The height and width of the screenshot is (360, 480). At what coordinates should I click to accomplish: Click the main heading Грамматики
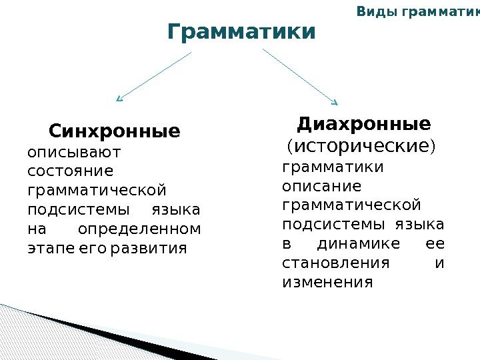241,31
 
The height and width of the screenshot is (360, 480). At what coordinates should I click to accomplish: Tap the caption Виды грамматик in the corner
417,11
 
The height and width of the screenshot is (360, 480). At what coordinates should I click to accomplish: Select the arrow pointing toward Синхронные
155,77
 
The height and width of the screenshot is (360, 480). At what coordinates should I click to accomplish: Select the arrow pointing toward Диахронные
301,77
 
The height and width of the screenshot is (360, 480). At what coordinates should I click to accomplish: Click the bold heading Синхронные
114,130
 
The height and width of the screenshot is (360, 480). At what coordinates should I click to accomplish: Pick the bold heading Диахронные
364,124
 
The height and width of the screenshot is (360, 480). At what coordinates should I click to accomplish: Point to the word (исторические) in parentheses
360,145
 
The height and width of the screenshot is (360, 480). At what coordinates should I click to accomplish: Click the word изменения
327,282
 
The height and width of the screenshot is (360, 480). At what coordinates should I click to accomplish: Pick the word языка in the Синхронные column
176,211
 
